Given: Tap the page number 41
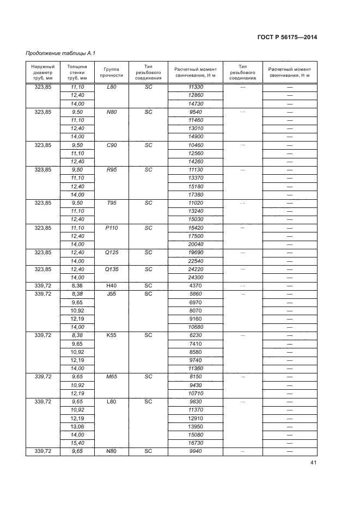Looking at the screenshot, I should click(x=313, y=463).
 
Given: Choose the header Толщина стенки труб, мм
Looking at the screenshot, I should click(x=77, y=73).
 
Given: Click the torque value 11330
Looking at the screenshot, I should click(x=195, y=87).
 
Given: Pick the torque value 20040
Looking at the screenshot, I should click(x=195, y=244).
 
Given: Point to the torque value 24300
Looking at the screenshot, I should click(x=195, y=277).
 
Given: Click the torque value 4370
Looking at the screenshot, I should click(x=195, y=286).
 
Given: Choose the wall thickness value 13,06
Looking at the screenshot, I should click(x=77, y=427).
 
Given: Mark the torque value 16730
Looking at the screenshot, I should click(x=195, y=444).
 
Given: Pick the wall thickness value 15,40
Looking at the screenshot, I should click(x=77, y=444).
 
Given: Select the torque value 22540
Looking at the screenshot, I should click(x=195, y=261).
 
